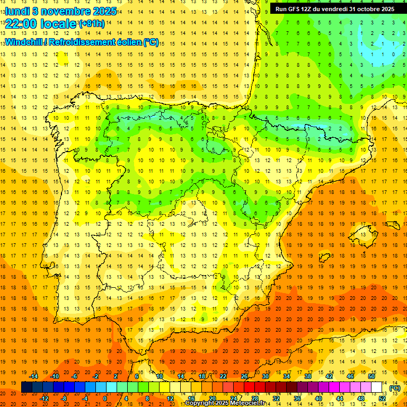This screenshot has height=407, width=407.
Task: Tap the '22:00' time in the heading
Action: coord(20,24)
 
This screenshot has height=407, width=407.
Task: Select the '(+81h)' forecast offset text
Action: coord(91,24)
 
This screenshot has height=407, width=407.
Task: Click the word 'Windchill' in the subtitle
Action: coord(23,42)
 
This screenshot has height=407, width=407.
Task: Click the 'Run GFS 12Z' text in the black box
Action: coord(294,9)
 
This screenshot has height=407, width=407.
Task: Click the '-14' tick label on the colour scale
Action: coord(34,376)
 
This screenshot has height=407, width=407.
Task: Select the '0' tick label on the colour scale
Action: coord(105,399)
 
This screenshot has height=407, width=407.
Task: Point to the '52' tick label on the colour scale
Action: coord(382,399)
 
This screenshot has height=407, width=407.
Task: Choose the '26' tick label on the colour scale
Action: coord(244,376)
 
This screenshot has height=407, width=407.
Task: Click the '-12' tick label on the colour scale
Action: coord(45,399)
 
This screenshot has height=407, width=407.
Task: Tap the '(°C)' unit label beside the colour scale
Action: coord(395,388)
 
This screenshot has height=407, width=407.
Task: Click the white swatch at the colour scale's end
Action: coord(377,387)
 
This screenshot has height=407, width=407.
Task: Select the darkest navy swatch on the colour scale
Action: coord(26,387)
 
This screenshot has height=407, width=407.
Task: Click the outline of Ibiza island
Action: coord(324,258)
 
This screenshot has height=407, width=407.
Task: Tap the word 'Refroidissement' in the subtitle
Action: coord(81,42)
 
